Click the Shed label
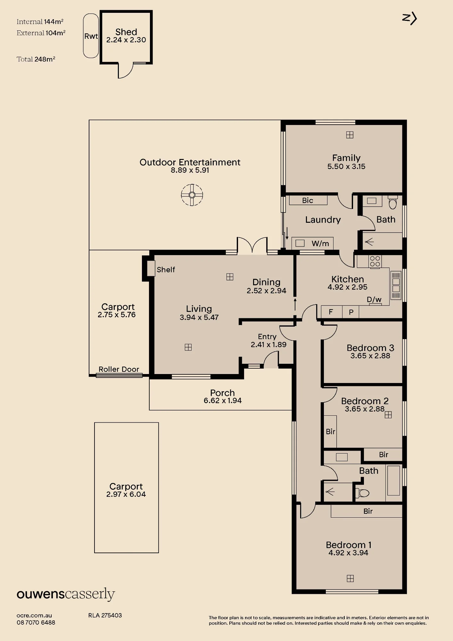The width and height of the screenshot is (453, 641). click(x=126, y=32)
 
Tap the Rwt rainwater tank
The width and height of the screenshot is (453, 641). click(x=91, y=36)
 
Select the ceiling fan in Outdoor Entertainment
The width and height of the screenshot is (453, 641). click(x=192, y=195)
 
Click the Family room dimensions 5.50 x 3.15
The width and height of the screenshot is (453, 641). click(x=346, y=166)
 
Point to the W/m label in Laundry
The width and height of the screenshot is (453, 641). click(x=320, y=244)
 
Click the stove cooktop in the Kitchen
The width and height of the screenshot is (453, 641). click(x=375, y=261)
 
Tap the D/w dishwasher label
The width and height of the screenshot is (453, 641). click(x=374, y=299)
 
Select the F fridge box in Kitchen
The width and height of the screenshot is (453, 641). click(x=331, y=312)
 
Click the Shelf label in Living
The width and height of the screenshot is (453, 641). click(x=166, y=270)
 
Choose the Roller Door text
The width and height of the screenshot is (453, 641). click(x=119, y=369)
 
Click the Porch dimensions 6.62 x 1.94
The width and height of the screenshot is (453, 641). click(x=223, y=401)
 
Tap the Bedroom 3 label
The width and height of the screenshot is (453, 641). click(x=370, y=348)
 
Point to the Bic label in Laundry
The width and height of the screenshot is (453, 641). click(x=308, y=200)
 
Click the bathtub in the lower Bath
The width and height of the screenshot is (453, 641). click(x=393, y=480)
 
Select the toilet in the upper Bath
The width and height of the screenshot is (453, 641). click(x=392, y=203)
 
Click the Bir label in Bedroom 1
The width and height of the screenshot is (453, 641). click(x=368, y=511)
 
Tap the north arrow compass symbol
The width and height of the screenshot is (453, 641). click(x=409, y=19)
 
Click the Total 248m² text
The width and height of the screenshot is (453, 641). click(x=36, y=59)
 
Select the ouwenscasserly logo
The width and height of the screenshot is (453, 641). click(x=66, y=595)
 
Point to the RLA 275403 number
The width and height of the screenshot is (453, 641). click(x=105, y=615)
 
